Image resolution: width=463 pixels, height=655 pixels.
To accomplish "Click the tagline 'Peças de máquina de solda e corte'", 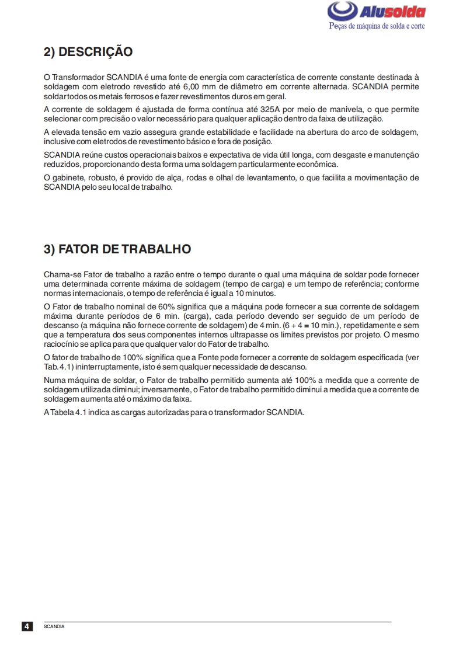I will point(377,26).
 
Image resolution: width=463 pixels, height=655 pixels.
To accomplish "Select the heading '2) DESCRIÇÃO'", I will point(88,52).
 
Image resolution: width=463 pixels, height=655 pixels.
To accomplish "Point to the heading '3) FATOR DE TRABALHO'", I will point(117,249).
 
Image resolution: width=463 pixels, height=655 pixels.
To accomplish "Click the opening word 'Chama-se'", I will point(62,274).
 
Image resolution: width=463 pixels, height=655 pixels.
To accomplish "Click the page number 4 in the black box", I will point(27,626).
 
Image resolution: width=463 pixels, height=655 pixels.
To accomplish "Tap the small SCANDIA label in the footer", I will point(54,626).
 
